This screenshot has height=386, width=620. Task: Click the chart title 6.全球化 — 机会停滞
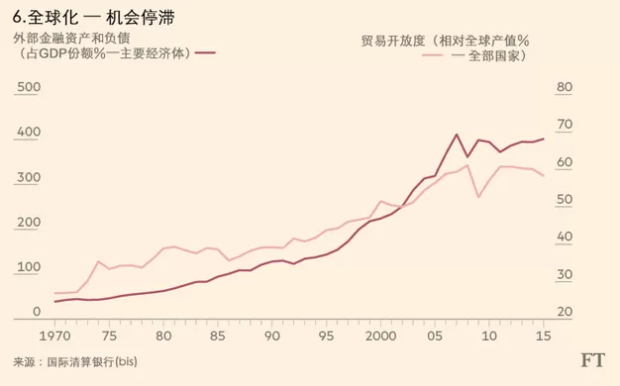click(x=93, y=18)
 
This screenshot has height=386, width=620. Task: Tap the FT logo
click(x=592, y=360)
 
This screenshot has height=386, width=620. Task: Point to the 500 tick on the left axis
click(x=29, y=87)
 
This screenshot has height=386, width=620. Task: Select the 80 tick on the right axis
click(x=565, y=87)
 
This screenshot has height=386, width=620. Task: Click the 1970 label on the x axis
click(x=54, y=336)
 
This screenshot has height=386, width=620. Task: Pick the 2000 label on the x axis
click(x=380, y=336)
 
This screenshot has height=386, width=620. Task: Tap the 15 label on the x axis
click(x=544, y=336)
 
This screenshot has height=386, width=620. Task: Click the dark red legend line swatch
click(x=205, y=52)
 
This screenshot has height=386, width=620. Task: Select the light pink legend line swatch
click(x=432, y=55)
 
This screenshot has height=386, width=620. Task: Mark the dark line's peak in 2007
click(x=457, y=135)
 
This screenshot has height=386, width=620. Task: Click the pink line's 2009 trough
click(x=478, y=197)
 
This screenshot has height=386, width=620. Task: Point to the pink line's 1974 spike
click(x=98, y=261)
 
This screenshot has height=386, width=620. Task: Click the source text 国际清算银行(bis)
click(x=92, y=361)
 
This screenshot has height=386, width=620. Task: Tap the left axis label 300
click(x=29, y=177)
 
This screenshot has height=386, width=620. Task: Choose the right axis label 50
click(x=565, y=200)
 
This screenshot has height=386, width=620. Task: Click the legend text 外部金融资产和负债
click(x=71, y=39)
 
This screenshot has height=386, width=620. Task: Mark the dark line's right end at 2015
click(x=544, y=139)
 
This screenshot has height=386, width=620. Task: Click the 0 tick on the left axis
click(x=37, y=312)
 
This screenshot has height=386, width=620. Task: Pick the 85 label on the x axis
click(x=217, y=336)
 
